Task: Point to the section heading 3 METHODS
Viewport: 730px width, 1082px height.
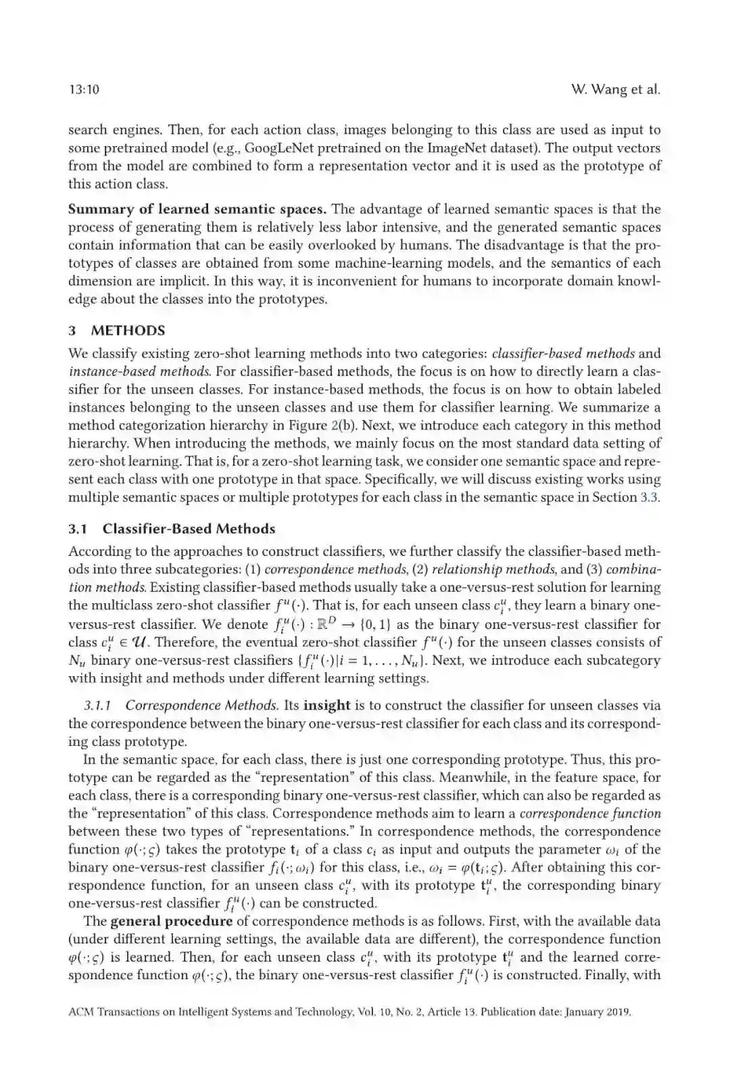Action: (117, 331)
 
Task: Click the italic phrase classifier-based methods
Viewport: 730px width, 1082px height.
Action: (563, 354)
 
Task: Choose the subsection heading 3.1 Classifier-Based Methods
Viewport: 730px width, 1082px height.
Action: (172, 529)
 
